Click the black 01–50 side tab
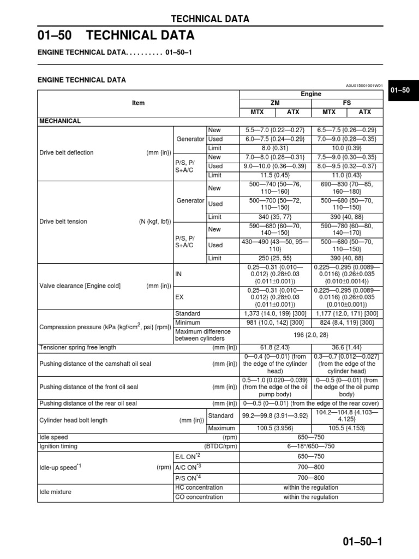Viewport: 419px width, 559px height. pyautogui.click(x=402, y=90)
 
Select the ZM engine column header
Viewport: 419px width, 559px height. pyautogui.click(x=275, y=103)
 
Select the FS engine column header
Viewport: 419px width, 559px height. pyautogui.click(x=346, y=103)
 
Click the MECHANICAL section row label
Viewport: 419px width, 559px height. pyautogui.click(x=59, y=121)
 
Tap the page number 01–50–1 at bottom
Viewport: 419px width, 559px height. pyautogui.click(x=363, y=542)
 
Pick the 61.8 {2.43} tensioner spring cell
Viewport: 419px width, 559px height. pyautogui.click(x=275, y=348)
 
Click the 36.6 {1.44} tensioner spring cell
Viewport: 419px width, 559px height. pyautogui.click(x=346, y=348)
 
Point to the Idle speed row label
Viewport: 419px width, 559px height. pyautogui.click(x=54, y=438)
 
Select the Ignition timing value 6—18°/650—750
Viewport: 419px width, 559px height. pyautogui.click(x=311, y=447)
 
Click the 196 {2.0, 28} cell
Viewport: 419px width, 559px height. pyautogui.click(x=311, y=335)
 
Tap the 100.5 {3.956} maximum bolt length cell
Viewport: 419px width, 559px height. pyautogui.click(x=275, y=429)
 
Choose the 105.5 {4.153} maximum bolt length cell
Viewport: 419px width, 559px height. pyautogui.click(x=346, y=429)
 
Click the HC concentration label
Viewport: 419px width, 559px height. pyautogui.click(x=199, y=487)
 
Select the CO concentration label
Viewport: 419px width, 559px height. pyautogui.click(x=199, y=497)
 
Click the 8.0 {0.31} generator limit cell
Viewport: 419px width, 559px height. pyautogui.click(x=275, y=148)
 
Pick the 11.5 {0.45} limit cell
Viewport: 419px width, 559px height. pyautogui.click(x=275, y=175)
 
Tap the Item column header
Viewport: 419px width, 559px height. pyautogui.click(x=138, y=103)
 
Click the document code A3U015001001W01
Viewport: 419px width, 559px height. pyautogui.click(x=364, y=85)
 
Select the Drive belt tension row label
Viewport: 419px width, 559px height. pyautogui.click(x=63, y=222)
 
